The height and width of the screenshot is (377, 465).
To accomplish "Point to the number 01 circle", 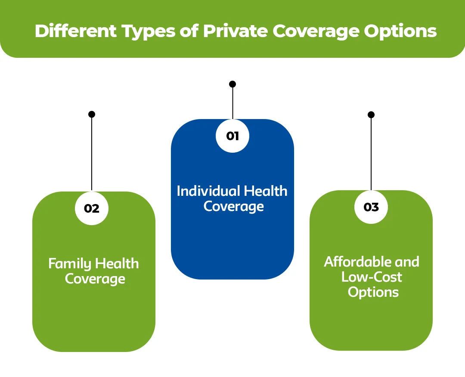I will pos(232,136).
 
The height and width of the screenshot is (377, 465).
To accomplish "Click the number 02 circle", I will pos(92,208).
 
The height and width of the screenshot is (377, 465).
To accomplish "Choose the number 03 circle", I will pos(371,207).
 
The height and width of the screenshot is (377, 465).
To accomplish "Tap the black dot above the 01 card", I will pos(232,84).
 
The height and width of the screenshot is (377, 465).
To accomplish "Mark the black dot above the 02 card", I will pos(92,114).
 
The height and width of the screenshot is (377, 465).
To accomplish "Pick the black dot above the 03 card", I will pos(371,115).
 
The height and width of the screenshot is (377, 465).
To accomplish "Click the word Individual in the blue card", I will pos(208,191).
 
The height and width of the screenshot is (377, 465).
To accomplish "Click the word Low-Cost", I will pos(372,276).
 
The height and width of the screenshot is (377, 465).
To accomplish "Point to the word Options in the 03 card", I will pos(373,292).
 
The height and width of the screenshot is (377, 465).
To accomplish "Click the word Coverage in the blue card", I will pos(233,206).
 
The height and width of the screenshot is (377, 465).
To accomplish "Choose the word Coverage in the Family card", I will pos(95,279).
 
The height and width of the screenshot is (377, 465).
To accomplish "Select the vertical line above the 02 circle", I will pos(92,153).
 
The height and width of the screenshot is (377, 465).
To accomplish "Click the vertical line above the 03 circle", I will pos(371,153).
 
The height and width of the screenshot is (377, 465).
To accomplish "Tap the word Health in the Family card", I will pos(117,264).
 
